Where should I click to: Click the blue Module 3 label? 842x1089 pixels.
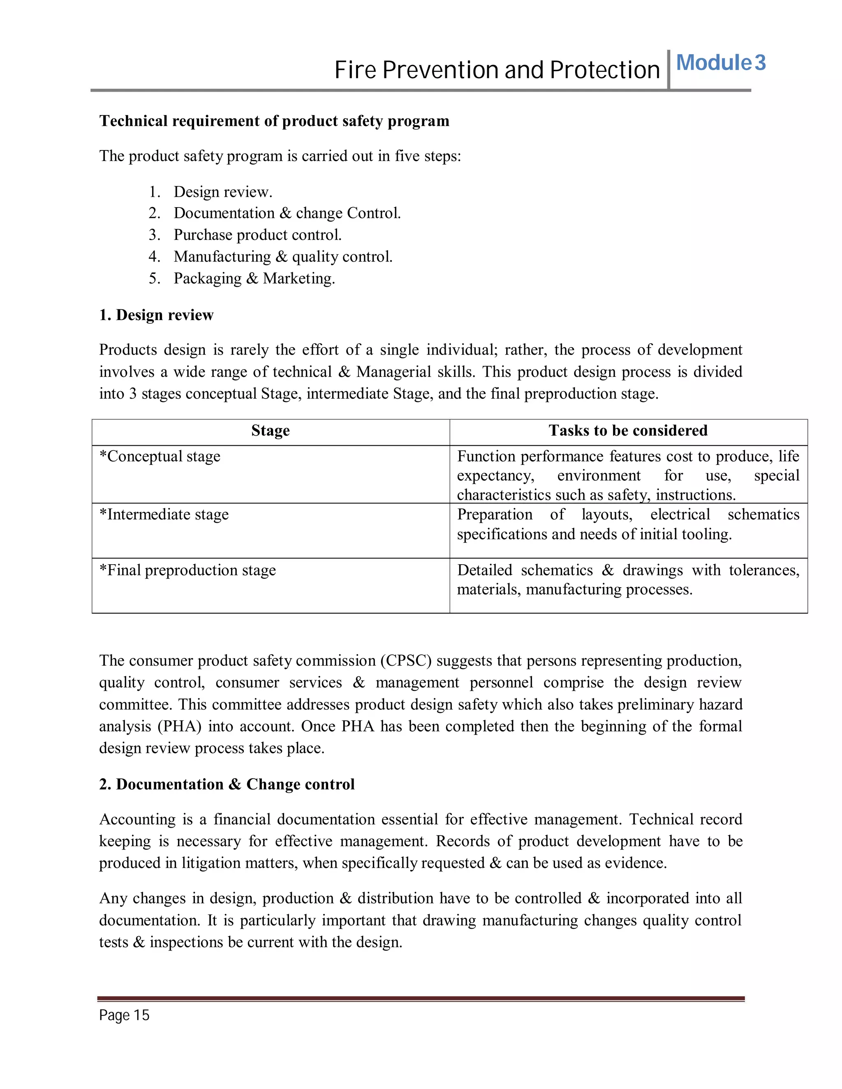(720, 63)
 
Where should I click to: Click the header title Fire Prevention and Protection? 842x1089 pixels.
(497, 70)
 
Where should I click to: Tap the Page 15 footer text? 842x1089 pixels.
(124, 1015)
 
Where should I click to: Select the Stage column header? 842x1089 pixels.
(271, 431)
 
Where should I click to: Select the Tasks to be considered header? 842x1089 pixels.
(628, 431)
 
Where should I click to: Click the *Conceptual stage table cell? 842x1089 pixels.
(160, 457)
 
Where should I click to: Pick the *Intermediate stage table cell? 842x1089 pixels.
(164, 515)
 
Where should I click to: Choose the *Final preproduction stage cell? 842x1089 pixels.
(187, 570)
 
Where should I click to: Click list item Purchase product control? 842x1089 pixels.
(257, 235)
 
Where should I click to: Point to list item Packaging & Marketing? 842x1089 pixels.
(254, 278)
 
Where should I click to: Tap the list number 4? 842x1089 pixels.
(154, 257)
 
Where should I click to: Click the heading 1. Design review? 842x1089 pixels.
(156, 315)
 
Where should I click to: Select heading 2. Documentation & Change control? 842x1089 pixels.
(227, 784)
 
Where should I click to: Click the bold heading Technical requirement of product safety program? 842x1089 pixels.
(274, 121)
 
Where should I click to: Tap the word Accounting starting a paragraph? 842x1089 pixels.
(137, 819)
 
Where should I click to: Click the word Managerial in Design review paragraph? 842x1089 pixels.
(393, 372)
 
